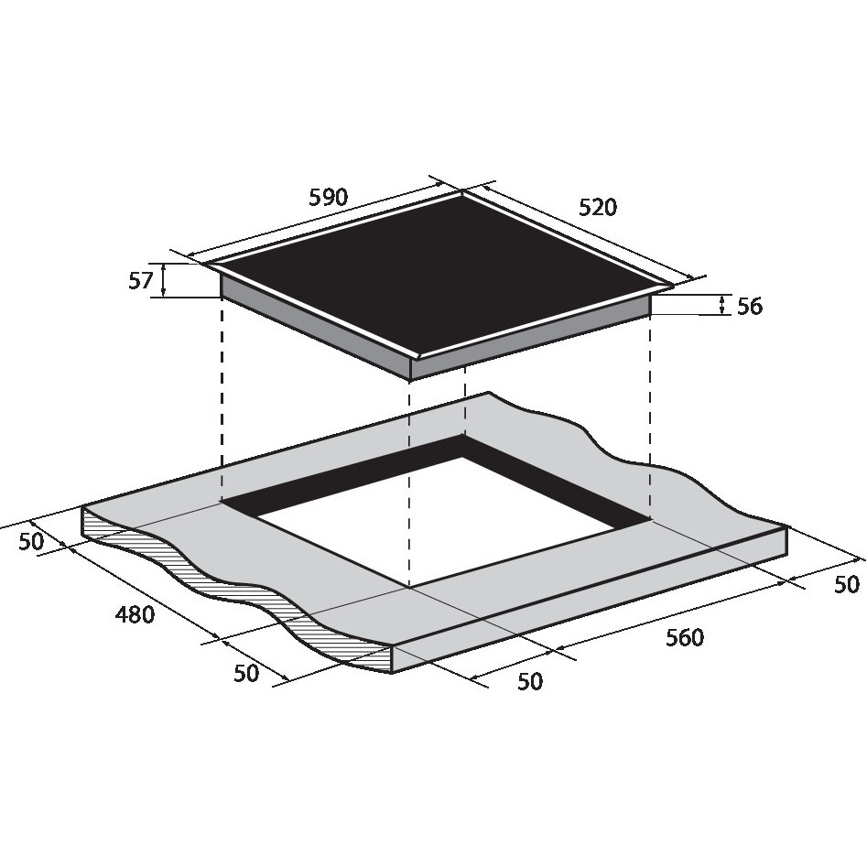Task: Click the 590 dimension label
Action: [328, 198]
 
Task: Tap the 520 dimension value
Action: [597, 207]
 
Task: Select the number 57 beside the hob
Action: [140, 281]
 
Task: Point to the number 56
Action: [750, 307]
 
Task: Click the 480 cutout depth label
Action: [135, 614]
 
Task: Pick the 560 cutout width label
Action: [685, 637]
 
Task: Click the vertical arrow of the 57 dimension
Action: [163, 281]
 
